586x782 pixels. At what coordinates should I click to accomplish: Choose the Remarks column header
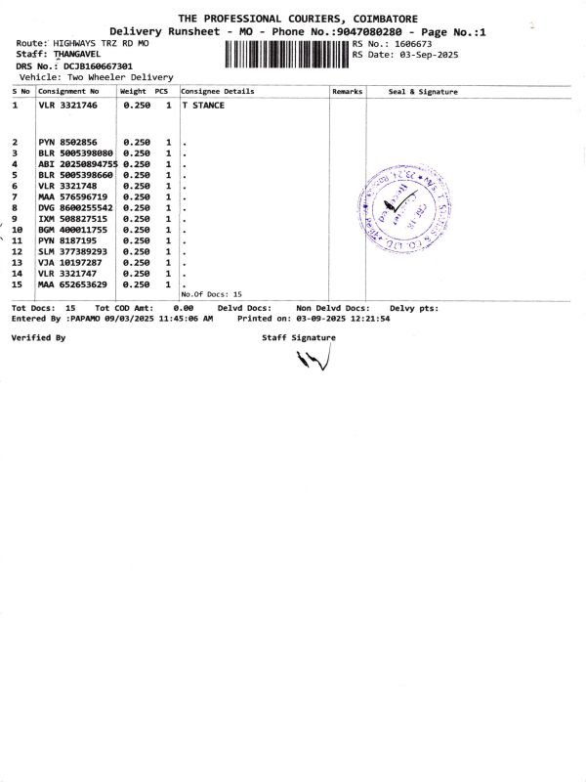347,91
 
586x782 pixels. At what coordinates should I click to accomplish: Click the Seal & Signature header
423,91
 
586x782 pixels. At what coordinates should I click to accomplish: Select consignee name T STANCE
204,105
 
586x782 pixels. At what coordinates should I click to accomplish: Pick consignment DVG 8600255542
75,208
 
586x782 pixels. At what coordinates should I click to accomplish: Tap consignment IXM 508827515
73,219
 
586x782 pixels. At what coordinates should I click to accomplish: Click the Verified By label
38,336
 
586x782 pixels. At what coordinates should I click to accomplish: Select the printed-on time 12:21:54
359,319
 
